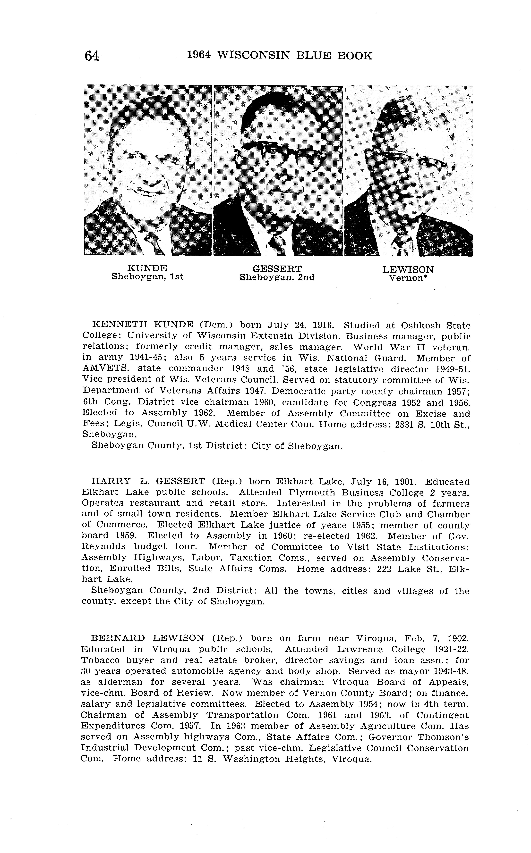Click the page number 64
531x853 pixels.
91,56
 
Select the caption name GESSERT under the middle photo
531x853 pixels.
277,269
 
